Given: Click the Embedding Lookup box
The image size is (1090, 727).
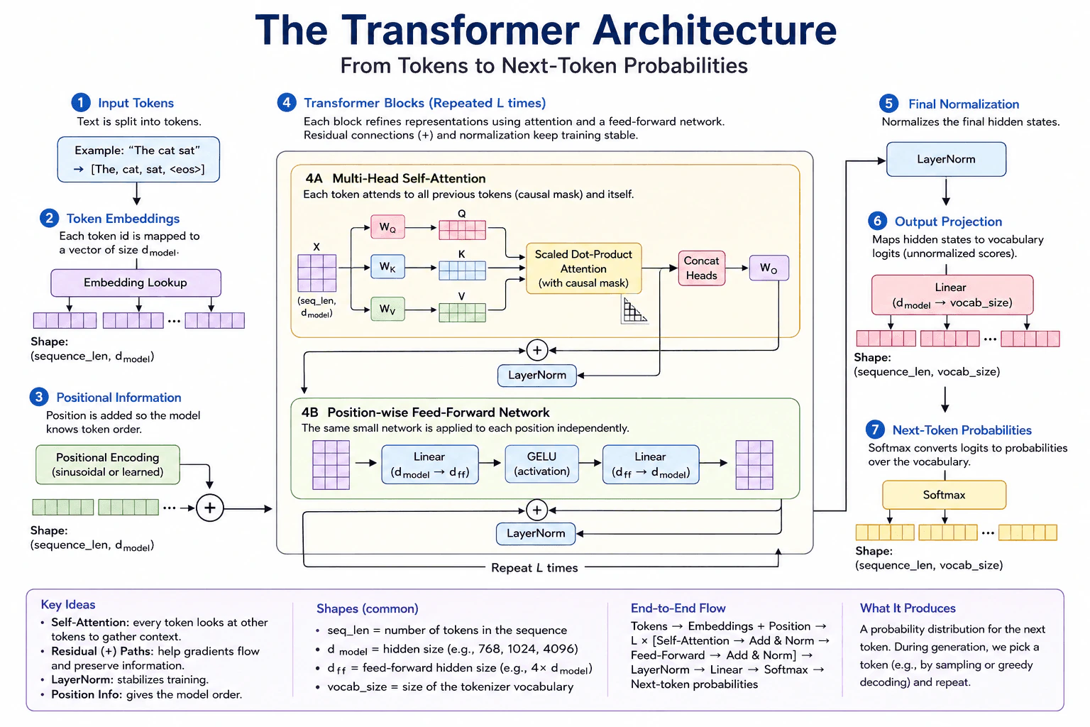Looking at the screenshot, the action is pyautogui.click(x=136, y=283).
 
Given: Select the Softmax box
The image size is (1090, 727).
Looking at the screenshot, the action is pyautogui.click(x=944, y=495).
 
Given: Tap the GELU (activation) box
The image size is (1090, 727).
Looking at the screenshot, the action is pyautogui.click(x=541, y=464).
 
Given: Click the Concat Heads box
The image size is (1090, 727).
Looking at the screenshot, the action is pyautogui.click(x=701, y=268).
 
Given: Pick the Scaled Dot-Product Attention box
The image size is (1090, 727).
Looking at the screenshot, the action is pyautogui.click(x=583, y=268).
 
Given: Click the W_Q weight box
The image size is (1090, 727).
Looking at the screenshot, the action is pyautogui.click(x=387, y=227).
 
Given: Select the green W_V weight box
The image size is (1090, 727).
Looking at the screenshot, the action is pyautogui.click(x=387, y=309).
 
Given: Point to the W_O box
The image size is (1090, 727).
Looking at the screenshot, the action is pyautogui.click(x=769, y=268).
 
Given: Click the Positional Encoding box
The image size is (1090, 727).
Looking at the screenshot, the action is pyautogui.click(x=108, y=464).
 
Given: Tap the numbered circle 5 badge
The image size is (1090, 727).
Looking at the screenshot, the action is pyautogui.click(x=888, y=104).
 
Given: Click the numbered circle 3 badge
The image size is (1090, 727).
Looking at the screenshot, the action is pyautogui.click(x=39, y=397).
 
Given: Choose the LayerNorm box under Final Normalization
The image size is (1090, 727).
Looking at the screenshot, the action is pyautogui.click(x=946, y=159).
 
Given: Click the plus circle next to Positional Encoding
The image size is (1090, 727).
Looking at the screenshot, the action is pyautogui.click(x=210, y=508).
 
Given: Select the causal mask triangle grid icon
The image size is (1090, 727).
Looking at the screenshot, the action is pyautogui.click(x=634, y=310).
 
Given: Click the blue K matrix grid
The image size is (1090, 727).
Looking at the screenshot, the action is pyautogui.click(x=462, y=270).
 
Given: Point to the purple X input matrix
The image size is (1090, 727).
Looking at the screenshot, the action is pyautogui.click(x=316, y=273).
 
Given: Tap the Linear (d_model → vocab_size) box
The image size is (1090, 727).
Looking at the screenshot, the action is pyautogui.click(x=952, y=295).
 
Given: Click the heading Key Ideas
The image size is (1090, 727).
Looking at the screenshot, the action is pyautogui.click(x=68, y=604).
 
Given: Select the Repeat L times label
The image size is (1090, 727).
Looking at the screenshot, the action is pyautogui.click(x=534, y=568).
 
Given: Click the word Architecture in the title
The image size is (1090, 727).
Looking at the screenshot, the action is pyautogui.click(x=715, y=31).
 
